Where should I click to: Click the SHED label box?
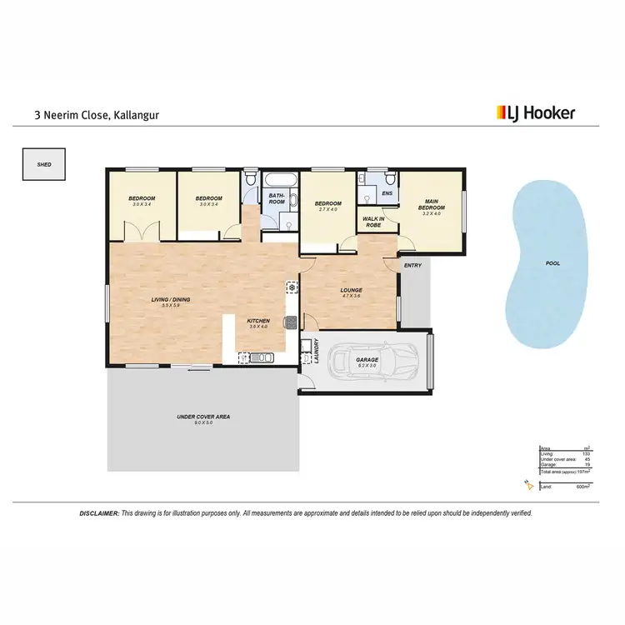coord(43,165)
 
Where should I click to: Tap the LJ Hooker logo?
coord(536,112)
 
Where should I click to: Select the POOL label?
coord(552,263)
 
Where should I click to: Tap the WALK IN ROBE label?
coord(371,222)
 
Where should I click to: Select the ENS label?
coord(387,194)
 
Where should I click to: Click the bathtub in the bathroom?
coord(276,180)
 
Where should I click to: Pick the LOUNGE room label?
coord(351,291)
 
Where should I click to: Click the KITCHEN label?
coord(258,321)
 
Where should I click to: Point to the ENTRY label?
coord(412,265)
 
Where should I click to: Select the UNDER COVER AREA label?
coord(202,417)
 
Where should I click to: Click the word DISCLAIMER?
coord(98,513)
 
